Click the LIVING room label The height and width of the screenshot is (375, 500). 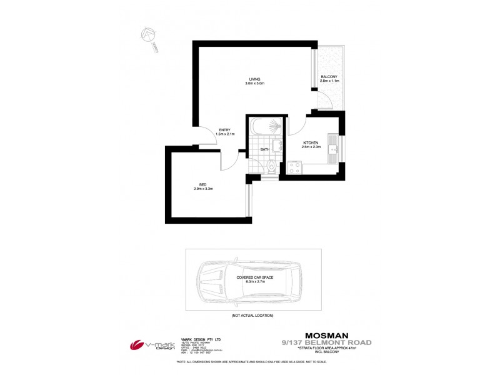click(254, 79)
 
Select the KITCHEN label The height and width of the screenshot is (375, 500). click(311, 143)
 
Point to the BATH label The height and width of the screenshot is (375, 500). click(265, 149)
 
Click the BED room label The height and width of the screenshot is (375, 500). click(202, 184)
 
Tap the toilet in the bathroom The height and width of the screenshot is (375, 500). click(271, 166)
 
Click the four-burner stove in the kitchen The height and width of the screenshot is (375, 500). click(294, 167)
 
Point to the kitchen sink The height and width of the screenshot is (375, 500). click(336, 148)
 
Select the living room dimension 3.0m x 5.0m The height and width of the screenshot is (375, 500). click(254, 83)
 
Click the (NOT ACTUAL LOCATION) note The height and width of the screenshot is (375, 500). click(252, 316)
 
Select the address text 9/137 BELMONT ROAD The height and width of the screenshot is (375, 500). click(327, 342)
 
